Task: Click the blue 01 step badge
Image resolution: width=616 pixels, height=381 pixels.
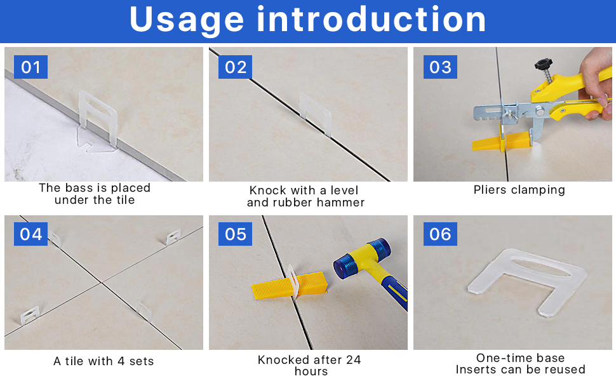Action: point(30,67)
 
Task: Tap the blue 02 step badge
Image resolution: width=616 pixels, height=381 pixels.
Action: point(236,67)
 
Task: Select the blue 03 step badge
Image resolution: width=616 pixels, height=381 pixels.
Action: point(440,67)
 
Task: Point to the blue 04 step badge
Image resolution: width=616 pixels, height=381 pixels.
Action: point(30,234)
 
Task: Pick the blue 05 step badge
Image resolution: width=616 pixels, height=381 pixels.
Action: point(236,234)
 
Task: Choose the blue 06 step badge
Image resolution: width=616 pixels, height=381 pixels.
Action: point(440,234)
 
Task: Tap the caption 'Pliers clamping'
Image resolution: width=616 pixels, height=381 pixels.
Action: point(519,190)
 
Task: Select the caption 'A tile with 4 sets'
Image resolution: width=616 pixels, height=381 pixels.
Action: point(104,361)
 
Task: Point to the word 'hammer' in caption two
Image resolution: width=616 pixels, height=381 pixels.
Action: point(341,203)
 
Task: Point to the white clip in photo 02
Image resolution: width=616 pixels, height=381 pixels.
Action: point(316,113)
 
